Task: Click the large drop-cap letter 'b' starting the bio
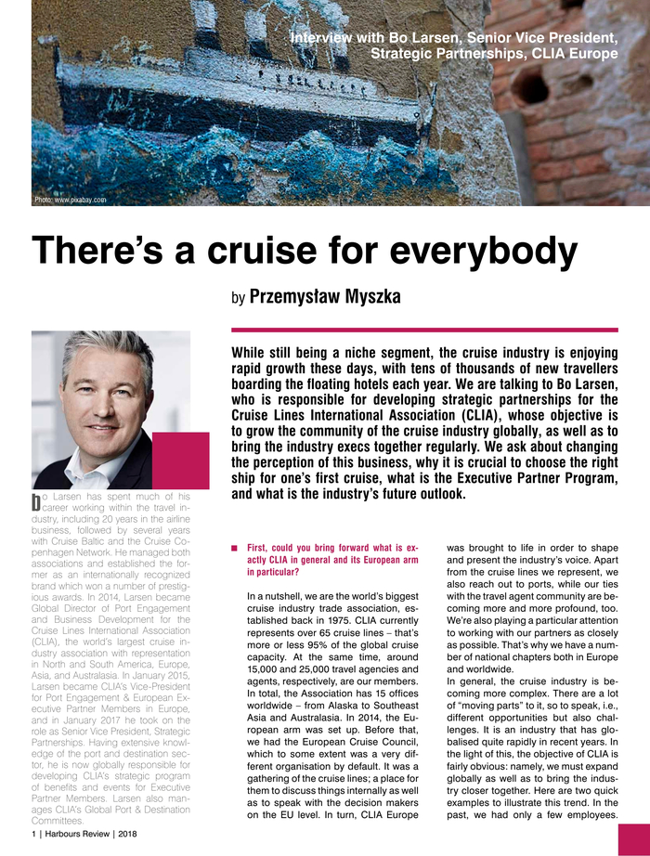pos(35,502)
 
